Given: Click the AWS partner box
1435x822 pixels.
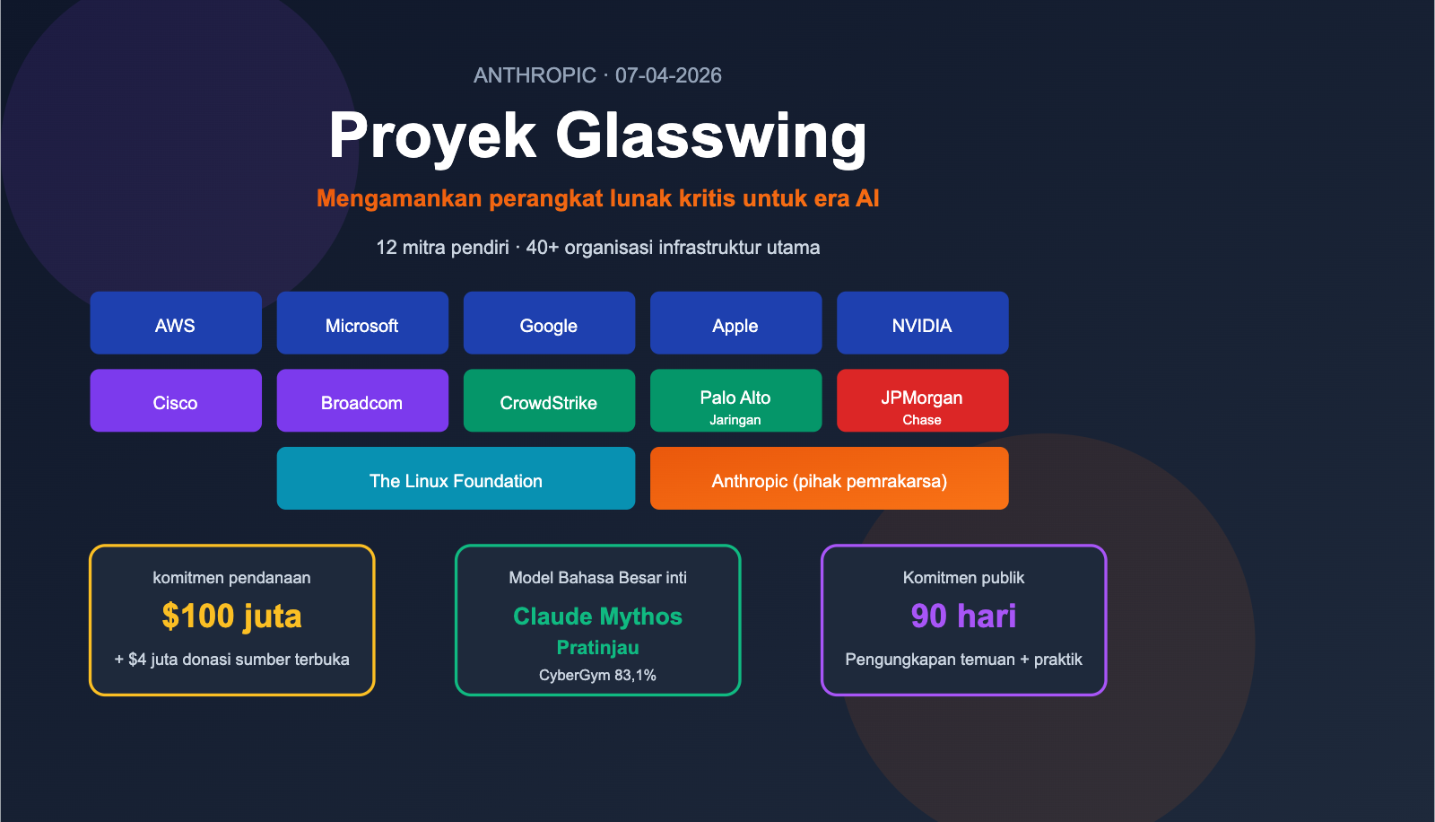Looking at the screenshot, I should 176,323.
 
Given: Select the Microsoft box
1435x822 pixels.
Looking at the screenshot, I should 362,323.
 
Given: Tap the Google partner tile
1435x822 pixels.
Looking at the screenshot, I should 549,323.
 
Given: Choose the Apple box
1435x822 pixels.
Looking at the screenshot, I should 735,323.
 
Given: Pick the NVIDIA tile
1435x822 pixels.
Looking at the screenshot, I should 922,323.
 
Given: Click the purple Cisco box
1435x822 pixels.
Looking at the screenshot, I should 176,401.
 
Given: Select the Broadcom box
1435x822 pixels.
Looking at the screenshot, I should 362,401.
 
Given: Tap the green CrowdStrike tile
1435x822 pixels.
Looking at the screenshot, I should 549,401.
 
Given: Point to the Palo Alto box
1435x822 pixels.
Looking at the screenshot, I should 735,401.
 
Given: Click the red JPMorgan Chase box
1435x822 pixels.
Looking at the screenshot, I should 922,401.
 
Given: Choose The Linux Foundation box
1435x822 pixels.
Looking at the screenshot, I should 456,479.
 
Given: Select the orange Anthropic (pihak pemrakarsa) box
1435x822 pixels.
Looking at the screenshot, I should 829,479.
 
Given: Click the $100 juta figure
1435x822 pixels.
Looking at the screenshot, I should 231,616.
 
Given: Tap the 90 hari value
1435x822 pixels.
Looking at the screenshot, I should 963,616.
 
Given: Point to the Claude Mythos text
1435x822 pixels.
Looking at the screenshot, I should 597,616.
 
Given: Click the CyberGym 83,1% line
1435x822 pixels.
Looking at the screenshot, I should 597,676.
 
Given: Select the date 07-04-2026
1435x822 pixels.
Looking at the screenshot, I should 668,75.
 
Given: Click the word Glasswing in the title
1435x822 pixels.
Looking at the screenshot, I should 711,136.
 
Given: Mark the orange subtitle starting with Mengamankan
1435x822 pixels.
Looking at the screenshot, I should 597,198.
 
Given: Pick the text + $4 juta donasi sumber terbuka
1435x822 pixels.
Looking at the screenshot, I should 231,660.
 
